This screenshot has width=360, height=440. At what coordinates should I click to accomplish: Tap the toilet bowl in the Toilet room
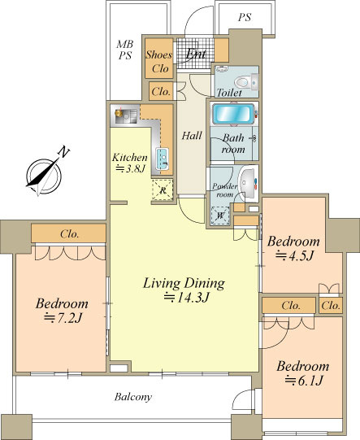click(241, 82)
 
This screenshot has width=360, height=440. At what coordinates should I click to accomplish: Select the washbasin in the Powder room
click(248, 183)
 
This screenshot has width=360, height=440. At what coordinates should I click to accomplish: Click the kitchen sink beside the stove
click(163, 159)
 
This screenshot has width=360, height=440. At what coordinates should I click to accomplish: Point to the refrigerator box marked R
click(163, 190)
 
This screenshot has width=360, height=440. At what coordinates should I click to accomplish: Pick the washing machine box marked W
click(220, 216)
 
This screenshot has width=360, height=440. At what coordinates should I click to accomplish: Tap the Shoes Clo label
click(159, 61)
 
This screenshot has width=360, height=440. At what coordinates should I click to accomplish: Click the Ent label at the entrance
click(196, 54)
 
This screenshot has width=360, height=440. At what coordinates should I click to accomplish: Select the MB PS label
click(125, 50)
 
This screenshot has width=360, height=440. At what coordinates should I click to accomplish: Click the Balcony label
click(133, 397)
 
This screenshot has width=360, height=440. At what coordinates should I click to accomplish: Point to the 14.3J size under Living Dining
click(186, 298)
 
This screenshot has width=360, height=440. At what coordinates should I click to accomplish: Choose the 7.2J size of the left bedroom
click(63, 318)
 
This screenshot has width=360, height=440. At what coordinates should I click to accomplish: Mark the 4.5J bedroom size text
click(294, 255)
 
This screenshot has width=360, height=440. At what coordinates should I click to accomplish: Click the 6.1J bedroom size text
click(304, 381)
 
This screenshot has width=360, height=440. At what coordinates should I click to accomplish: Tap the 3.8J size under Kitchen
click(130, 168)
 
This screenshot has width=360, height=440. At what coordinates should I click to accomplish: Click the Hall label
click(192, 136)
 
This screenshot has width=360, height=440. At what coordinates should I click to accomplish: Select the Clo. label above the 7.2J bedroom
click(69, 233)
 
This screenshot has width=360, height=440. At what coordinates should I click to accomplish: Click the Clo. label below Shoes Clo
click(161, 91)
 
